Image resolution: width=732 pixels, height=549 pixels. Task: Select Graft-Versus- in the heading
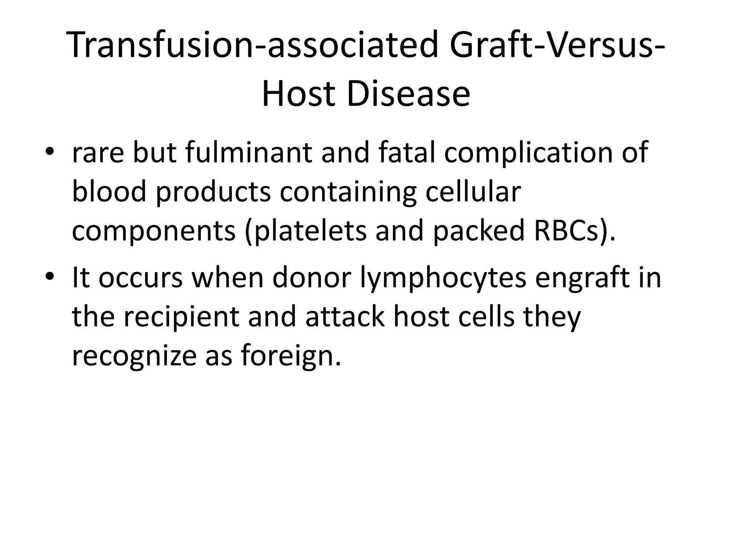(x=556, y=45)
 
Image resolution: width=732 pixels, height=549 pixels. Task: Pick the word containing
(x=348, y=192)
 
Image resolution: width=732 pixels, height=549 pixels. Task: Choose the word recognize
(x=134, y=356)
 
